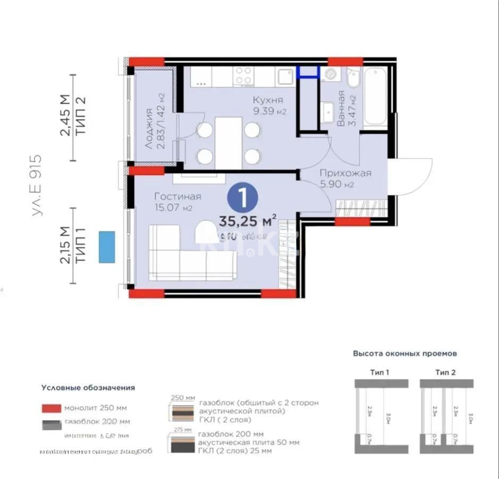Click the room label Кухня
tap(267, 100)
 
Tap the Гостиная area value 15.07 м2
tap(173, 208)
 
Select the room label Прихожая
tap(345, 173)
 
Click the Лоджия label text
tap(149, 128)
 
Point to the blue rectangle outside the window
tap(107, 246)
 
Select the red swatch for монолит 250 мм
tap(52, 408)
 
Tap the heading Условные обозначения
tap(88, 387)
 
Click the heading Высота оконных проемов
tap(405, 353)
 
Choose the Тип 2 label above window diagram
tap(445, 372)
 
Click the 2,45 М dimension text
tap(64, 115)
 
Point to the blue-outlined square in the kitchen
tap(308, 72)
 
